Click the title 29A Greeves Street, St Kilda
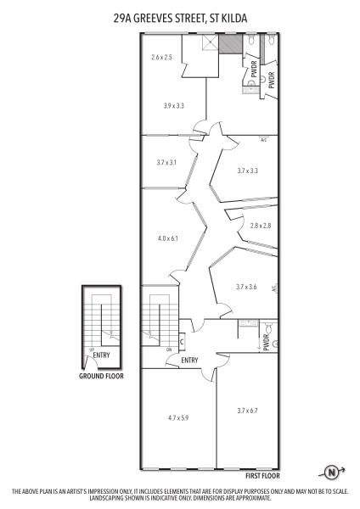[180, 18]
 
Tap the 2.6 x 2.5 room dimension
[161, 58]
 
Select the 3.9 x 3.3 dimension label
[174, 105]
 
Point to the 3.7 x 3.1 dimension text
[166, 162]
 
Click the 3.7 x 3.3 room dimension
[248, 171]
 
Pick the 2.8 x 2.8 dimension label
[261, 226]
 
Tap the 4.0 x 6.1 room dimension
[168, 238]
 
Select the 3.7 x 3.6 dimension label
[246, 287]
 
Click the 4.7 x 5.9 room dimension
[178, 417]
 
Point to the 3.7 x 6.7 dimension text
[248, 411]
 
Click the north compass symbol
[332, 472]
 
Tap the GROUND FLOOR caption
[101, 376]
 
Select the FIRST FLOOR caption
[262, 476]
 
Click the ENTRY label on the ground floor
[101, 355]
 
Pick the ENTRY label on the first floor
[189, 361]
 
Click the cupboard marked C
[182, 342]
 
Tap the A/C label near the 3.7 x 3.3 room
[263, 140]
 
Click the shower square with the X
[210, 42]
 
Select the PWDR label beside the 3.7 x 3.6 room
[267, 343]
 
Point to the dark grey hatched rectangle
[230, 43]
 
